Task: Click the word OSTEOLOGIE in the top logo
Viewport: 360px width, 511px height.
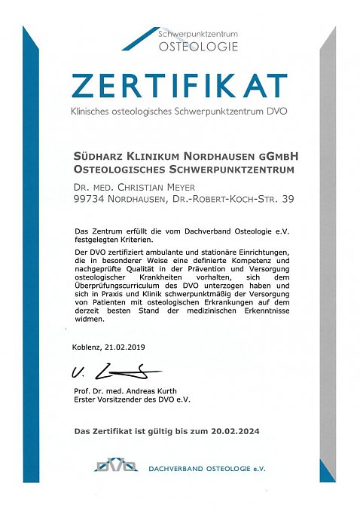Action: click(x=198, y=46)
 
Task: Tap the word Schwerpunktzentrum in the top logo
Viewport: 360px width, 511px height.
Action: click(x=199, y=35)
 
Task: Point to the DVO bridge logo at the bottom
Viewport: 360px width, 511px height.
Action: click(x=115, y=464)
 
